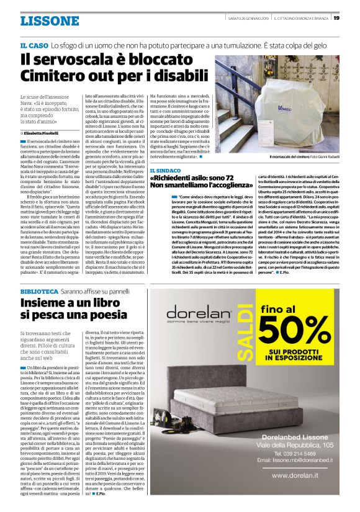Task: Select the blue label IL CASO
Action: pos(34,46)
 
